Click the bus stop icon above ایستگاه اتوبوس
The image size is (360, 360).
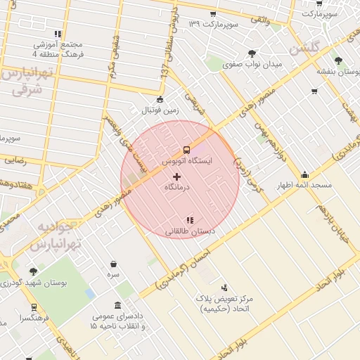pyautogui.click(x=186, y=150)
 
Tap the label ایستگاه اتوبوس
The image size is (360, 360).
pyautogui.click(x=187, y=161)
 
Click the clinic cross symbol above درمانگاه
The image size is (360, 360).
pyautogui.click(x=176, y=176)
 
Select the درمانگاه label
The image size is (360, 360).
pyautogui.click(x=177, y=188)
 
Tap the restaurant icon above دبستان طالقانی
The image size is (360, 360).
pyautogui.click(x=188, y=220)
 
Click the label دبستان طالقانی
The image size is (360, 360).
pyautogui.click(x=190, y=231)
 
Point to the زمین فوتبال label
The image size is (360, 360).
pyautogui.click(x=161, y=110)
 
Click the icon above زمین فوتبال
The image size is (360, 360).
pyautogui.click(x=161, y=99)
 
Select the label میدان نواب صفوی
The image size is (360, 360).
pyautogui.click(x=252, y=65)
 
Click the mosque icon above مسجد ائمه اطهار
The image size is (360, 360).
pyautogui.click(x=304, y=174)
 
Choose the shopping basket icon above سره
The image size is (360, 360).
pyautogui.click(x=113, y=264)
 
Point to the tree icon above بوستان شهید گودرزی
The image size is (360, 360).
pyautogui.click(x=33, y=271)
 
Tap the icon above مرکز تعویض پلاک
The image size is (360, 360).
pyautogui.click(x=224, y=287)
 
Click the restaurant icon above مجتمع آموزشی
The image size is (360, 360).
pyautogui.click(x=58, y=32)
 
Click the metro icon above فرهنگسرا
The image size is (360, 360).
pyautogui.click(x=33, y=307)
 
